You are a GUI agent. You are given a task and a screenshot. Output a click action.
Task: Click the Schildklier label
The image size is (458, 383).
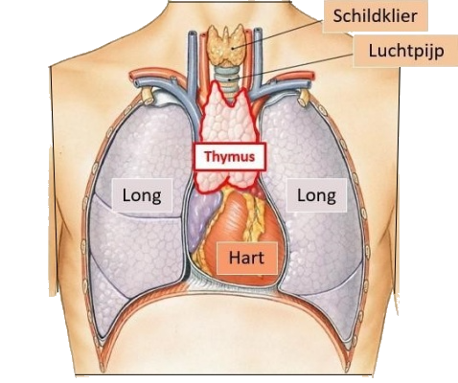(x=375, y=16)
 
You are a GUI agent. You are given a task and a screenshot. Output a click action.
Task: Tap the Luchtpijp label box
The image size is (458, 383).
(x=405, y=51)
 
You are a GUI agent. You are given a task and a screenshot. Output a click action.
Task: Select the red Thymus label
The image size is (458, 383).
(x=230, y=156)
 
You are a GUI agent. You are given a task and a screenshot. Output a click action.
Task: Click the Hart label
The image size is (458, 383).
(x=246, y=258)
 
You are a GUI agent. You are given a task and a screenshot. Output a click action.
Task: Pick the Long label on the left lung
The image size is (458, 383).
(x=142, y=195)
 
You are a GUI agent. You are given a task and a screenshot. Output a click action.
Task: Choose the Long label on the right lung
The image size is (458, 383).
(x=316, y=195)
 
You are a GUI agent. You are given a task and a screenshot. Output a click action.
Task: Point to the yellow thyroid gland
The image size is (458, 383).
(x=227, y=45)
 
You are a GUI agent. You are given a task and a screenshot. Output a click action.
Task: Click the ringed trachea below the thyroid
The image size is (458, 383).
(x=229, y=77)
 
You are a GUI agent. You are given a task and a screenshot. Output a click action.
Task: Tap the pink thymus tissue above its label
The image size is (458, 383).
(x=229, y=118)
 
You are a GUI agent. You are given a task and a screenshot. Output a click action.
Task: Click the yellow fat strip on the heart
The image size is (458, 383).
(x=253, y=220)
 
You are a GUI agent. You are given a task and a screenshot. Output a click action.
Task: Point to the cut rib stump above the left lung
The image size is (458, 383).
(x=148, y=96)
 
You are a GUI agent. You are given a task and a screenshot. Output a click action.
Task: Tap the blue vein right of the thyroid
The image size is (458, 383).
(x=258, y=57)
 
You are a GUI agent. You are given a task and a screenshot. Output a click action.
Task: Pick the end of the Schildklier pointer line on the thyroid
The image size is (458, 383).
(x=233, y=49)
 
